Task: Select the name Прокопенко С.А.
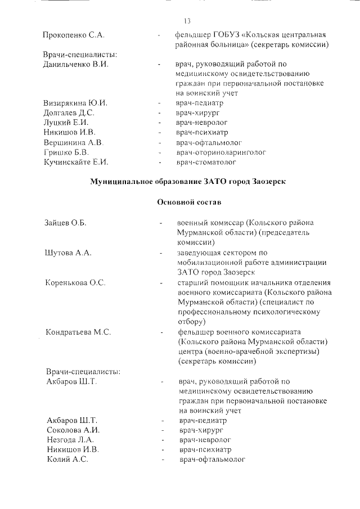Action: point(73,35)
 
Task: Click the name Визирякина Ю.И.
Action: point(75,103)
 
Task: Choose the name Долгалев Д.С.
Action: point(69,113)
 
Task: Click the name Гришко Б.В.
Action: point(66,152)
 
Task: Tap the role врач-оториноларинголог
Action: point(220,152)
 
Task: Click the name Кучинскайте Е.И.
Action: point(75,162)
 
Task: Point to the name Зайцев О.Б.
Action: point(65,223)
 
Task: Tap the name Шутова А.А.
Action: point(67,253)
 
